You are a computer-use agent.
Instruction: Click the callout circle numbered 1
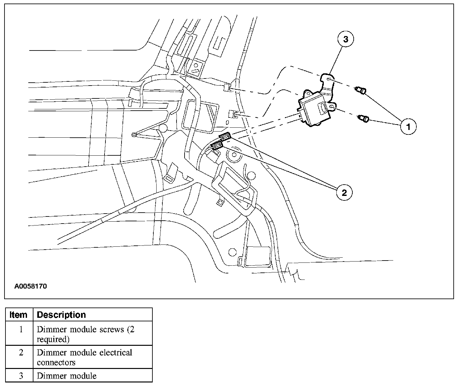click(x=408, y=126)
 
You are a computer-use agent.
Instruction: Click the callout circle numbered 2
click(x=344, y=193)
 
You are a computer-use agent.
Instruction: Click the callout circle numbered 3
click(x=346, y=39)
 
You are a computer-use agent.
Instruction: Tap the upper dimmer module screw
click(x=360, y=91)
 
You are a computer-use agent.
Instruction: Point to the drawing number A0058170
click(x=31, y=286)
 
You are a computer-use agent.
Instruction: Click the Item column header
click(x=19, y=315)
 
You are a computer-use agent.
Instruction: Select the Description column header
click(x=61, y=315)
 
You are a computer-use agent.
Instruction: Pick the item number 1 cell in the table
click(x=21, y=330)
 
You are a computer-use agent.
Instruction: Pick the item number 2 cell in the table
click(x=21, y=353)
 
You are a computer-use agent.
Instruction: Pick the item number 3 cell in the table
click(x=21, y=376)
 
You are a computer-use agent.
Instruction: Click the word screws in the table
click(x=112, y=330)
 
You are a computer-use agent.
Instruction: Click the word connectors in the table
click(x=56, y=363)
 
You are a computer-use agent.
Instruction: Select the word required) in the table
click(x=53, y=339)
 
